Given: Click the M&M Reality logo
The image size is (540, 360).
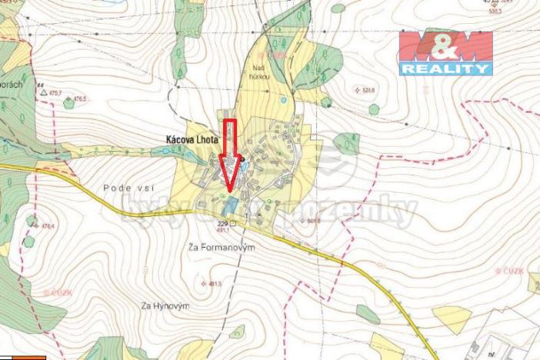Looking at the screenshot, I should tap(445, 52).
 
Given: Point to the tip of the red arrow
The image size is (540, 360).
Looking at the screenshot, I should tap(228, 188).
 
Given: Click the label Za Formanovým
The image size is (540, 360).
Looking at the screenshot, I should tap(221, 248).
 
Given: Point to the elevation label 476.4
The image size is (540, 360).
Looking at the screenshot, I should tap(48, 226).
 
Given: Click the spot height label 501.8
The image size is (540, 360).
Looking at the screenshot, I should tap(312, 220).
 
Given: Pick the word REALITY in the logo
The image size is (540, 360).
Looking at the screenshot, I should tap(445, 68).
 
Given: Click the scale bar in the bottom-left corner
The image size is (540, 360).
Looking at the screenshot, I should tap(23, 358).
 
